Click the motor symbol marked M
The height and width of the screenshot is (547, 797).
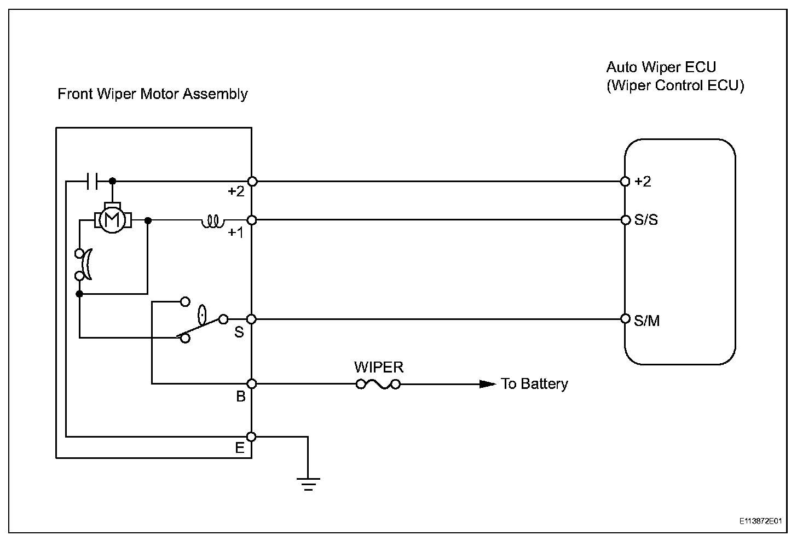[112, 219]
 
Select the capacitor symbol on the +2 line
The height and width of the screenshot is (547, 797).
[92, 182]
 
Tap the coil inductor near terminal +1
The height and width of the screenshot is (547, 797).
[213, 221]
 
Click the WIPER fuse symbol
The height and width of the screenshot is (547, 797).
[378, 384]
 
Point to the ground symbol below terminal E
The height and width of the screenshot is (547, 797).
[308, 484]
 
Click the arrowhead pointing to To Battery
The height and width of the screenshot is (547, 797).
[487, 384]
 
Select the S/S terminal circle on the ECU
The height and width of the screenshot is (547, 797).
[626, 220]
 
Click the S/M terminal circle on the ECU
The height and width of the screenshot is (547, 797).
[626, 319]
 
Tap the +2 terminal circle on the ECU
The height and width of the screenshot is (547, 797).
[625, 182]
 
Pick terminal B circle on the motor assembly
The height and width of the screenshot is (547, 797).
[252, 384]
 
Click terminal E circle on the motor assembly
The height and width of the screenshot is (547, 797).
[251, 437]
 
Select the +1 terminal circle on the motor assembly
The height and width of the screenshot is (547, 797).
[252, 220]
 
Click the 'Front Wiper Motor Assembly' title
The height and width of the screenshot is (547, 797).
[153, 94]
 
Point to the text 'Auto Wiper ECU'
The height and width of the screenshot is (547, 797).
[661, 67]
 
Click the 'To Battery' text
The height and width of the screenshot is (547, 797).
[534, 384]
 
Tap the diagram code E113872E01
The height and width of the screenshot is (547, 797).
[760, 521]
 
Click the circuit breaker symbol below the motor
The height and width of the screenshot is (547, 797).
[84, 264]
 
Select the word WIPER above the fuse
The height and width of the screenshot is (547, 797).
[379, 367]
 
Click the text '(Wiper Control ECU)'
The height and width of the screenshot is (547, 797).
[675, 86]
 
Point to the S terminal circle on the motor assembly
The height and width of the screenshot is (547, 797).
[251, 319]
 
